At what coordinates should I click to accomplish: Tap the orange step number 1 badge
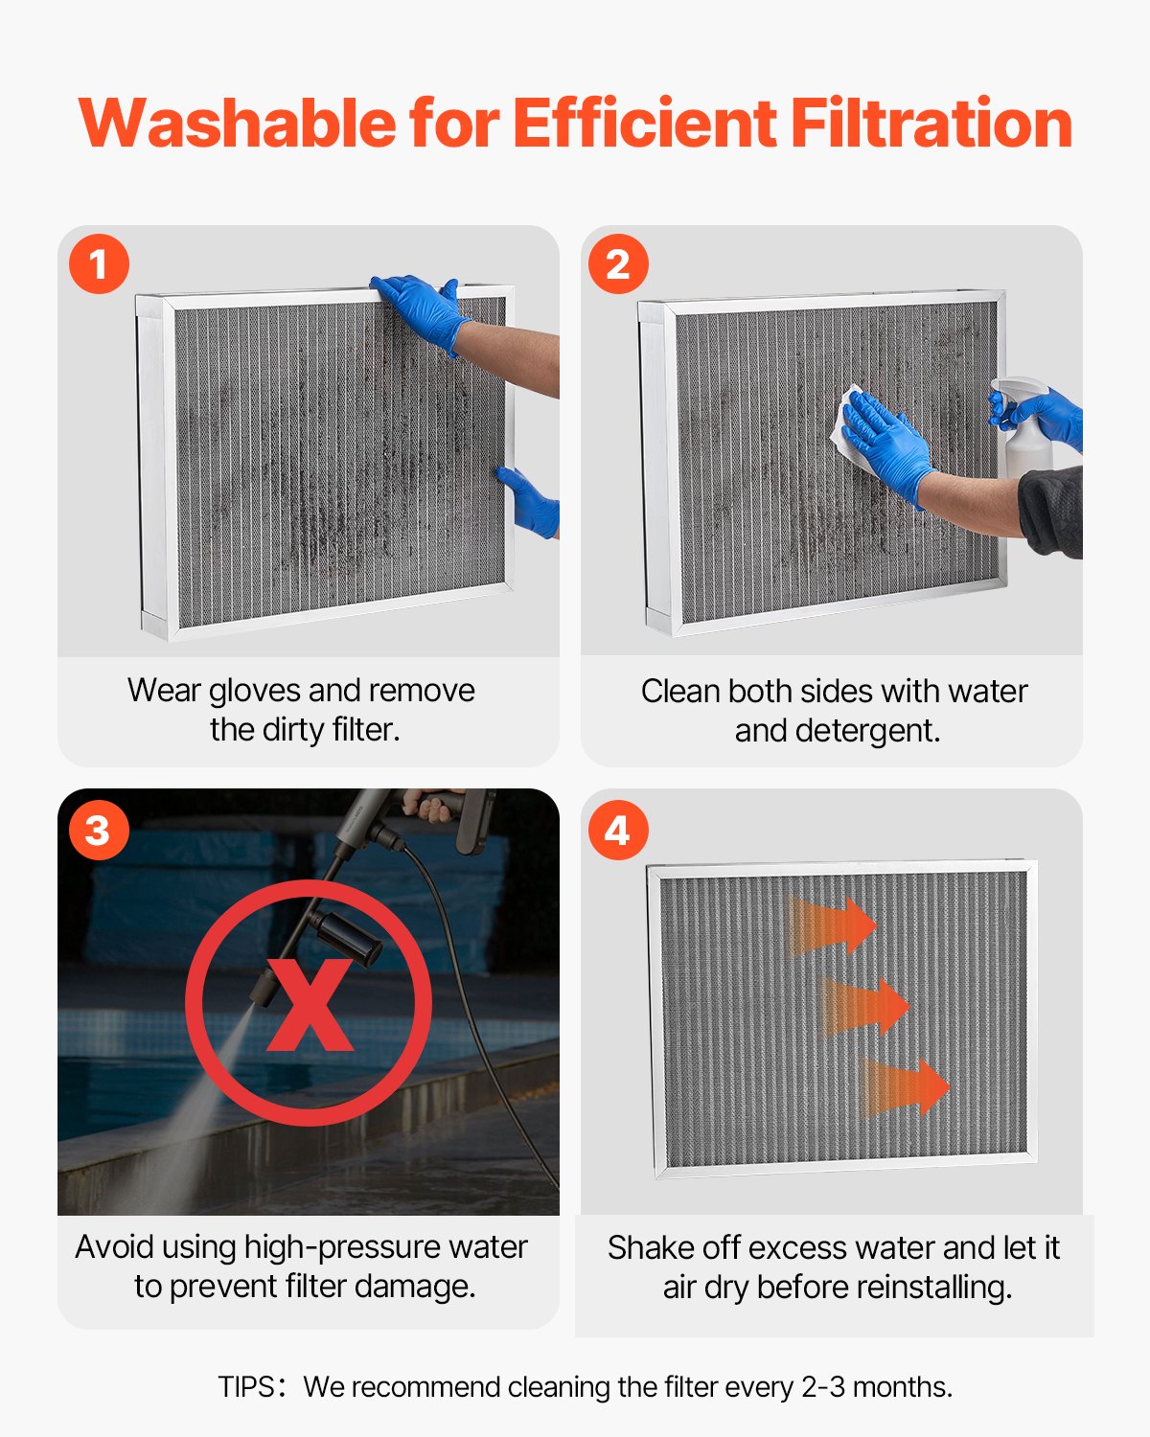[x=99, y=263]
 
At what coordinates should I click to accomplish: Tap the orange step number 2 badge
[x=618, y=263]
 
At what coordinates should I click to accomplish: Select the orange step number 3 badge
[x=99, y=830]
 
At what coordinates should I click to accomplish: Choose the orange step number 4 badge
[x=618, y=830]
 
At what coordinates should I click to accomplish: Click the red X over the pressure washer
[x=309, y=1004]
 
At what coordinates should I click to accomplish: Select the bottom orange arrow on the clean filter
[x=907, y=1088]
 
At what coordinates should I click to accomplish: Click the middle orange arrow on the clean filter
[x=867, y=1007]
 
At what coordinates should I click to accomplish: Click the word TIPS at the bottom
[x=246, y=1387]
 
